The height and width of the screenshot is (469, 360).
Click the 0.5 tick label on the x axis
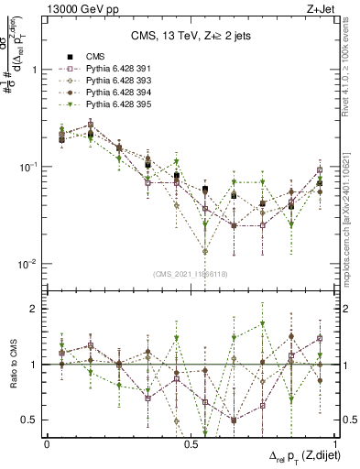pos(191,442)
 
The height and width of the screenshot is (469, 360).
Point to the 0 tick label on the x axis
pos(47,442)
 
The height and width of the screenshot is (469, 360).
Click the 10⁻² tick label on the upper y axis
pos(26,264)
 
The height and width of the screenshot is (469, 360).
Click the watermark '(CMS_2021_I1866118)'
pos(191,273)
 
